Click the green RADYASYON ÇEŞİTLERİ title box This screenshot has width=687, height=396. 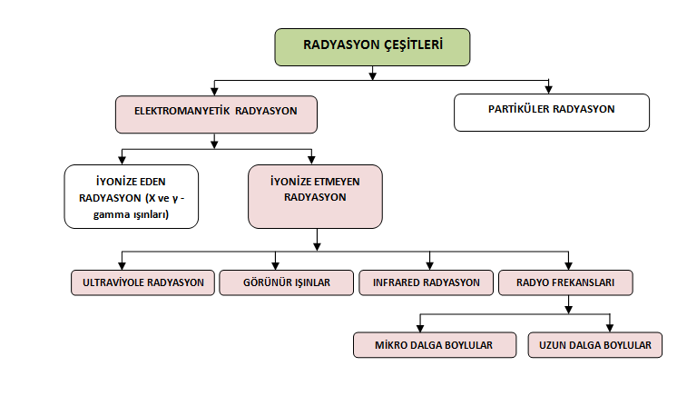[372, 47]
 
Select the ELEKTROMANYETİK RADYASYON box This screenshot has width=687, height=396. [216, 114]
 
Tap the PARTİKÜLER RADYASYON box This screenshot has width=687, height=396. [552, 113]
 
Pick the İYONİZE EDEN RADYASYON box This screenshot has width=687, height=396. [132, 196]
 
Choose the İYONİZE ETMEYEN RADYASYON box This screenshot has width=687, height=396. [315, 196]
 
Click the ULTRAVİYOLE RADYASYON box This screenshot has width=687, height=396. [142, 282]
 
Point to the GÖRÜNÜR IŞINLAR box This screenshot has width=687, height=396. [287, 282]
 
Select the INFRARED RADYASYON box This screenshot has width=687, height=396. [426, 282]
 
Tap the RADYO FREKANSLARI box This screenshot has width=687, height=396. [565, 282]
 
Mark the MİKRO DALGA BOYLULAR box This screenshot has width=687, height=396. [435, 345]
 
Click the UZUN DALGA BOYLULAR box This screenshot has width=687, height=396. [595, 345]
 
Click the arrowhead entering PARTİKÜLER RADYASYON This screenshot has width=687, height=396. [548, 90]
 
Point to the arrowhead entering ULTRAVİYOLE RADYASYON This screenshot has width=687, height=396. [122, 266]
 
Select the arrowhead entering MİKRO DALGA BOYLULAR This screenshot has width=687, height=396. [420, 329]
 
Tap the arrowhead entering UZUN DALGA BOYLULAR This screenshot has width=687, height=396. [610, 329]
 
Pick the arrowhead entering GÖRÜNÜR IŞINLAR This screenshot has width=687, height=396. [275, 266]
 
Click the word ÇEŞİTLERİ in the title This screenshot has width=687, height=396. [414, 45]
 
